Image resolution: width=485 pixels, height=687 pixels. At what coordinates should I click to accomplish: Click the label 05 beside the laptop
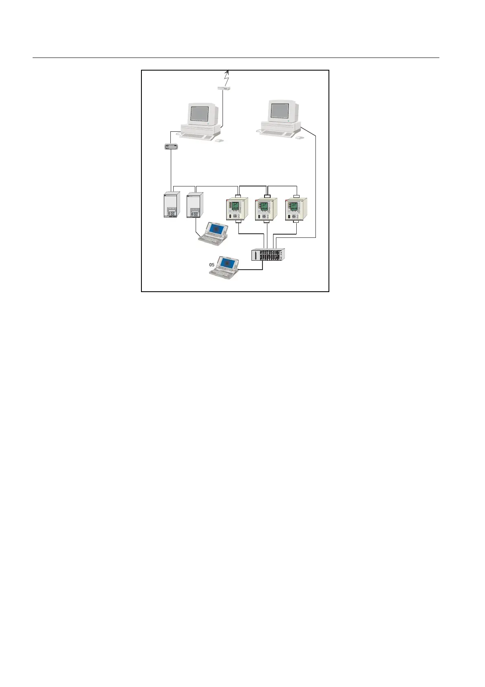[212, 265]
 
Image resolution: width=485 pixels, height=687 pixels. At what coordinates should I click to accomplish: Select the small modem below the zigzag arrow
[223, 87]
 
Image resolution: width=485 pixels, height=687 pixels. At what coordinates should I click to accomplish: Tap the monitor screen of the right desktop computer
[280, 110]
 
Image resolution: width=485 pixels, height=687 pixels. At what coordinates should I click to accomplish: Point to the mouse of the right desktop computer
[300, 138]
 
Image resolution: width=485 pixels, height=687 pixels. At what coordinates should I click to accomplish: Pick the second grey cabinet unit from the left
[195, 205]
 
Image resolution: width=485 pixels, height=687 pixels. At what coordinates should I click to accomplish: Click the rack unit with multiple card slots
[268, 255]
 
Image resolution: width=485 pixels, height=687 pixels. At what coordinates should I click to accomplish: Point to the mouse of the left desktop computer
[219, 140]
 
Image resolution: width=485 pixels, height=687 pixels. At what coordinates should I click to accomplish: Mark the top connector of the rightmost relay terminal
[296, 197]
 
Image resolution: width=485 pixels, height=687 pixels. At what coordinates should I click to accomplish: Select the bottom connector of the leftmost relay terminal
[238, 222]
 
